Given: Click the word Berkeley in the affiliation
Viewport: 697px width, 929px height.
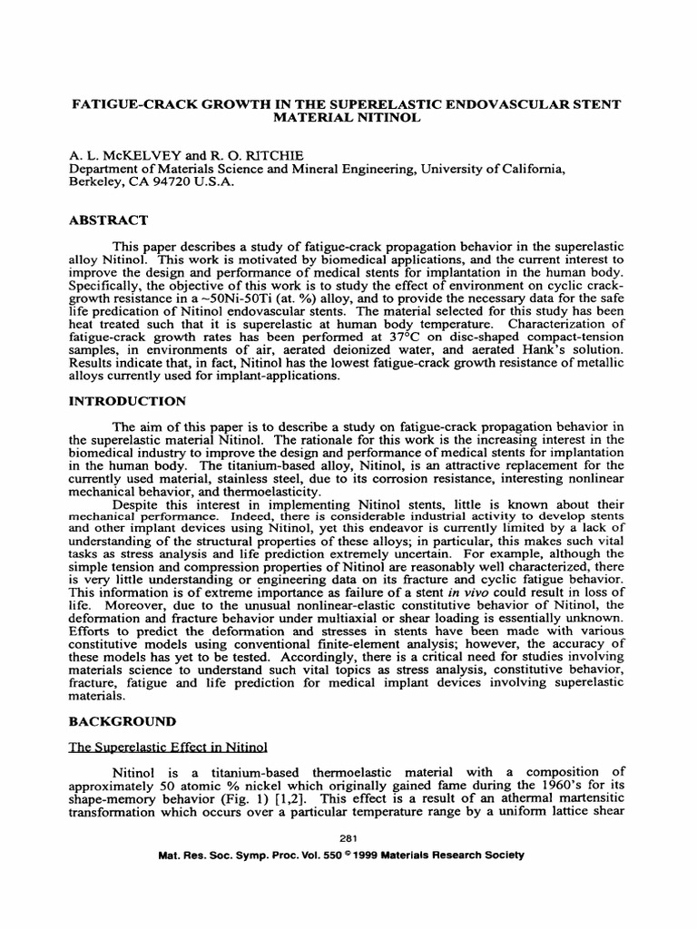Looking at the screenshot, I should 95,181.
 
